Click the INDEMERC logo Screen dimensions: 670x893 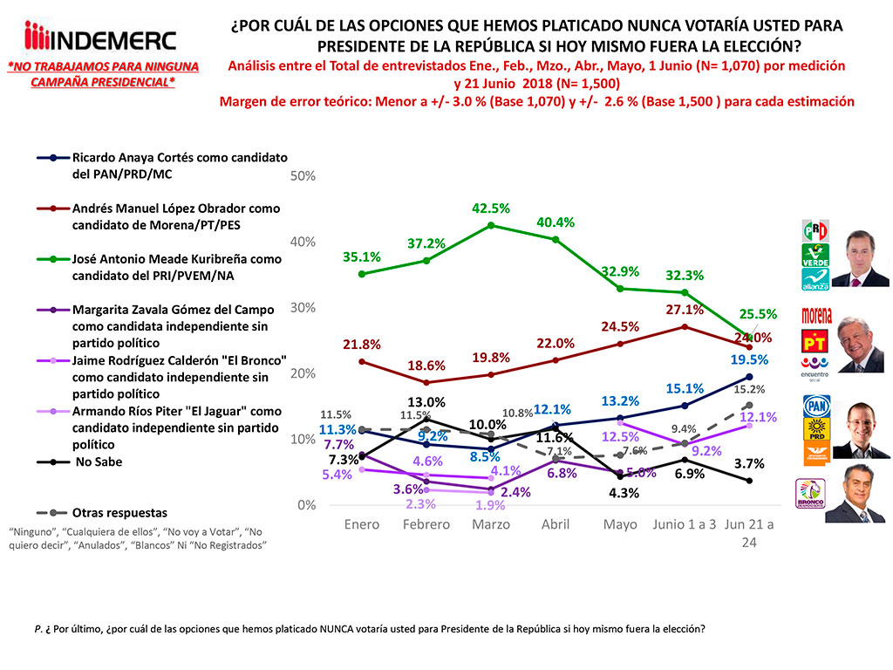click(101, 38)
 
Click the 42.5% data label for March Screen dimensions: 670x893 click(491, 209)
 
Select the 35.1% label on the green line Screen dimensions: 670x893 click(362, 257)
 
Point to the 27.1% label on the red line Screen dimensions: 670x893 click(685, 310)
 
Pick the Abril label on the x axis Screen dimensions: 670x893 click(556, 524)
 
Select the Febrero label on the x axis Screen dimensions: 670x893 click(426, 524)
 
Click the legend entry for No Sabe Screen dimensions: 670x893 click(97, 462)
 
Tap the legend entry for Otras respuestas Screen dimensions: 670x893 click(119, 513)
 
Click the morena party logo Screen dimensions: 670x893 click(815, 315)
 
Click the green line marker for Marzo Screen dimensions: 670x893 click(491, 225)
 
